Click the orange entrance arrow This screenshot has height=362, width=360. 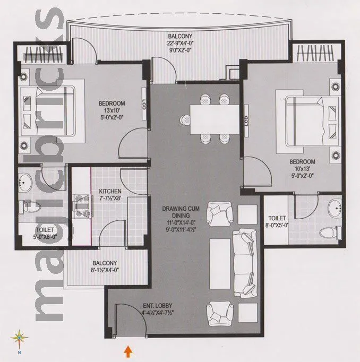click(x=127, y=350)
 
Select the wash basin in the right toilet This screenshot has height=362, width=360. click(x=335, y=210)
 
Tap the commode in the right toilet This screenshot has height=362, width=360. click(x=327, y=231)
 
